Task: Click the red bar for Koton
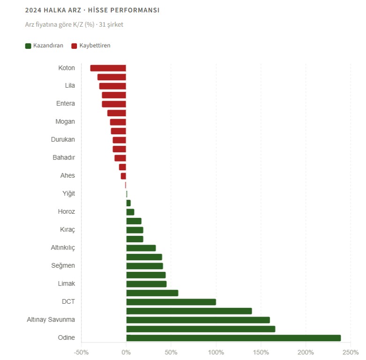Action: pyautogui.click(x=108, y=68)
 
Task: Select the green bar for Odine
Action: pyautogui.click(x=233, y=338)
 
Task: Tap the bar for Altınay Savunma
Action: pyautogui.click(x=198, y=320)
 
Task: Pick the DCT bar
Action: pyautogui.click(x=171, y=302)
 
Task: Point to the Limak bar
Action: pyautogui.click(x=146, y=284)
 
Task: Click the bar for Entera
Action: pyautogui.click(x=114, y=104)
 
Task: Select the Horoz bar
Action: pyautogui.click(x=130, y=212)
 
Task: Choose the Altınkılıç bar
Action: pyautogui.click(x=141, y=248)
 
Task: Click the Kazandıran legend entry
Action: pyautogui.click(x=44, y=45)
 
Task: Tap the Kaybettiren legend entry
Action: pyautogui.click(x=91, y=45)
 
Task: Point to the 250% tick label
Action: pyautogui.click(x=351, y=352)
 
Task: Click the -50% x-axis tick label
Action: pyautogui.click(x=81, y=352)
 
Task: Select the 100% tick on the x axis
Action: pyautogui.click(x=216, y=352)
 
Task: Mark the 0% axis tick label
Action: pyautogui.click(x=126, y=352)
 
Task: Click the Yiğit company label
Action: pyautogui.click(x=69, y=194)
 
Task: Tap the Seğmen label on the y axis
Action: pyautogui.click(x=63, y=266)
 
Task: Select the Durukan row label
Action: pyautogui.click(x=63, y=140)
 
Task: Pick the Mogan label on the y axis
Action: pyautogui.click(x=65, y=122)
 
